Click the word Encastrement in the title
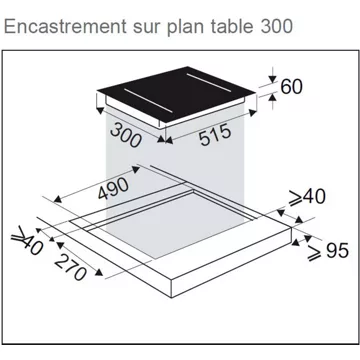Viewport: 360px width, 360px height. point(65,26)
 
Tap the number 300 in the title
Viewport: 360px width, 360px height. point(276,26)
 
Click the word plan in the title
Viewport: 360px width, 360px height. point(184,28)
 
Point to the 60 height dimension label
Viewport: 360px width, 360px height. point(292,87)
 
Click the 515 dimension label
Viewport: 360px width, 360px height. point(215,134)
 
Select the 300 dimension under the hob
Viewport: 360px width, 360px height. point(125,135)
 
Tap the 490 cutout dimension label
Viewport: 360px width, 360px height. point(113,188)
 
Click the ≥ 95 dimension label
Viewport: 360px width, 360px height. point(328,251)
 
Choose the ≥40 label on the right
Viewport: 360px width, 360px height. point(307,197)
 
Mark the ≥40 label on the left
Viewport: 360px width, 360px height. point(27,241)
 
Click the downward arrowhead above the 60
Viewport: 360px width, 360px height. point(273,79)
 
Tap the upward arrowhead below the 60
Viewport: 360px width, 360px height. point(273,98)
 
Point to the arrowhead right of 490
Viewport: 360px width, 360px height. point(136,170)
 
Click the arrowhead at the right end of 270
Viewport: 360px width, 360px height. point(99,273)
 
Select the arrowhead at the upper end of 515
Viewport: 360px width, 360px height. point(253,113)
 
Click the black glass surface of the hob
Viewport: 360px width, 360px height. point(177,94)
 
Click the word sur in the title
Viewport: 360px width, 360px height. point(147,28)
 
